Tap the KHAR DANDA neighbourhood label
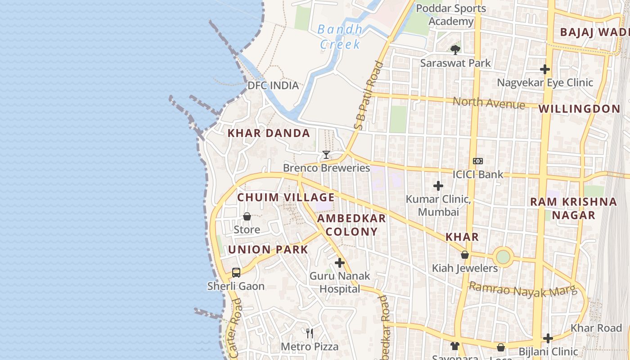(x=269, y=133)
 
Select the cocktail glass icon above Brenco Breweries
(x=326, y=155)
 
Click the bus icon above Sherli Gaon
(x=236, y=272)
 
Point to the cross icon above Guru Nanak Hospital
(x=340, y=263)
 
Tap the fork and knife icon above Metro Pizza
(x=310, y=333)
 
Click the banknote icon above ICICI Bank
(x=478, y=161)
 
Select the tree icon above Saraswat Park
(x=455, y=49)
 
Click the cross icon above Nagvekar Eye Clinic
(x=545, y=69)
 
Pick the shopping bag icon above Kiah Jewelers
(x=465, y=255)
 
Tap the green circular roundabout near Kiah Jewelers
(x=503, y=257)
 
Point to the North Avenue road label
(x=489, y=103)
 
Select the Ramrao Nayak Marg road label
(x=522, y=289)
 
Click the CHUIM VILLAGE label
(x=286, y=198)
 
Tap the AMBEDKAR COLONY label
(x=351, y=225)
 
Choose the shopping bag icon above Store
(x=247, y=217)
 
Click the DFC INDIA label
(x=273, y=85)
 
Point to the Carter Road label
(x=235, y=328)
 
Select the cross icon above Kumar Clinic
(x=438, y=185)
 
